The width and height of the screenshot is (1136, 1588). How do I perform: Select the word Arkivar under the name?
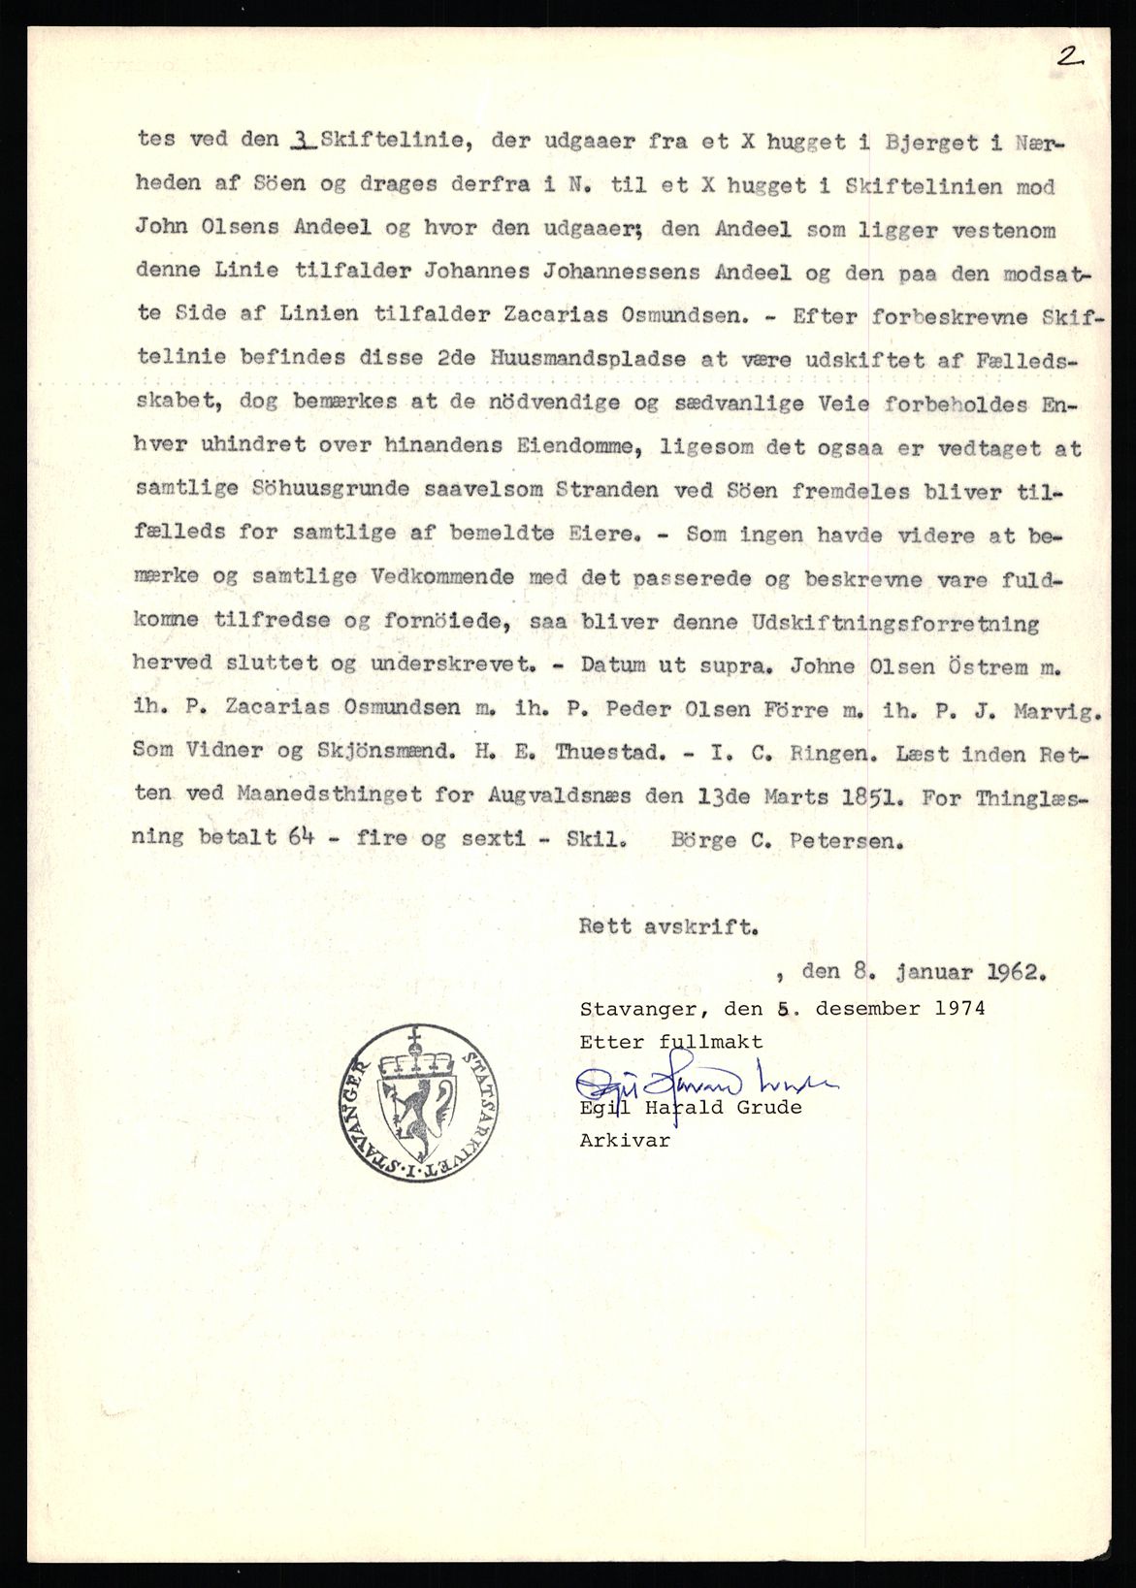[x=625, y=1140]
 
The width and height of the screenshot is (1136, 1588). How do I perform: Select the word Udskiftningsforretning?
[x=893, y=623]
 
